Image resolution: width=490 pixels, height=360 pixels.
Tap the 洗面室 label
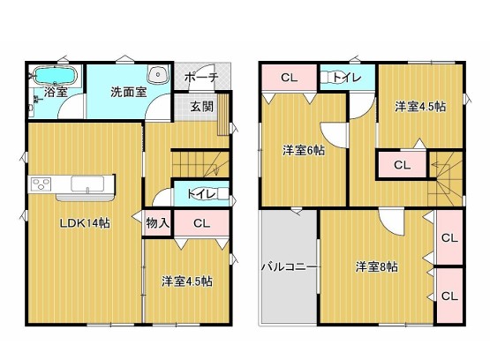click(128, 91)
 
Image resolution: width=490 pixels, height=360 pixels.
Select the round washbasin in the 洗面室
click(158, 75)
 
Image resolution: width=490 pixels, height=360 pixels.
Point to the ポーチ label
click(201, 78)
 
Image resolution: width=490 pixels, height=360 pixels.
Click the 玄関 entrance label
click(201, 107)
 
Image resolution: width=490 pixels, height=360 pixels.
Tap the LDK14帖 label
click(85, 223)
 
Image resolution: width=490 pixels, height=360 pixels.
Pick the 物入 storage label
click(157, 223)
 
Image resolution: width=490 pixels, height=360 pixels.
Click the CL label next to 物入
click(200, 223)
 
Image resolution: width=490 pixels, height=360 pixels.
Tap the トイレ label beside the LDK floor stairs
click(200, 192)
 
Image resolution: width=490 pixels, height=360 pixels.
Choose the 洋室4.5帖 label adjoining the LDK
click(186, 281)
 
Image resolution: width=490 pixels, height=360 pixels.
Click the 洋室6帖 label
click(304, 150)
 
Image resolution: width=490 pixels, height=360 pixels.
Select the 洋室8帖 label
click(377, 266)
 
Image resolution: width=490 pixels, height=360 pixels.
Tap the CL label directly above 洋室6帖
click(289, 78)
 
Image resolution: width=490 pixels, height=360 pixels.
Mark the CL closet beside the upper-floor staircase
click(402, 164)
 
